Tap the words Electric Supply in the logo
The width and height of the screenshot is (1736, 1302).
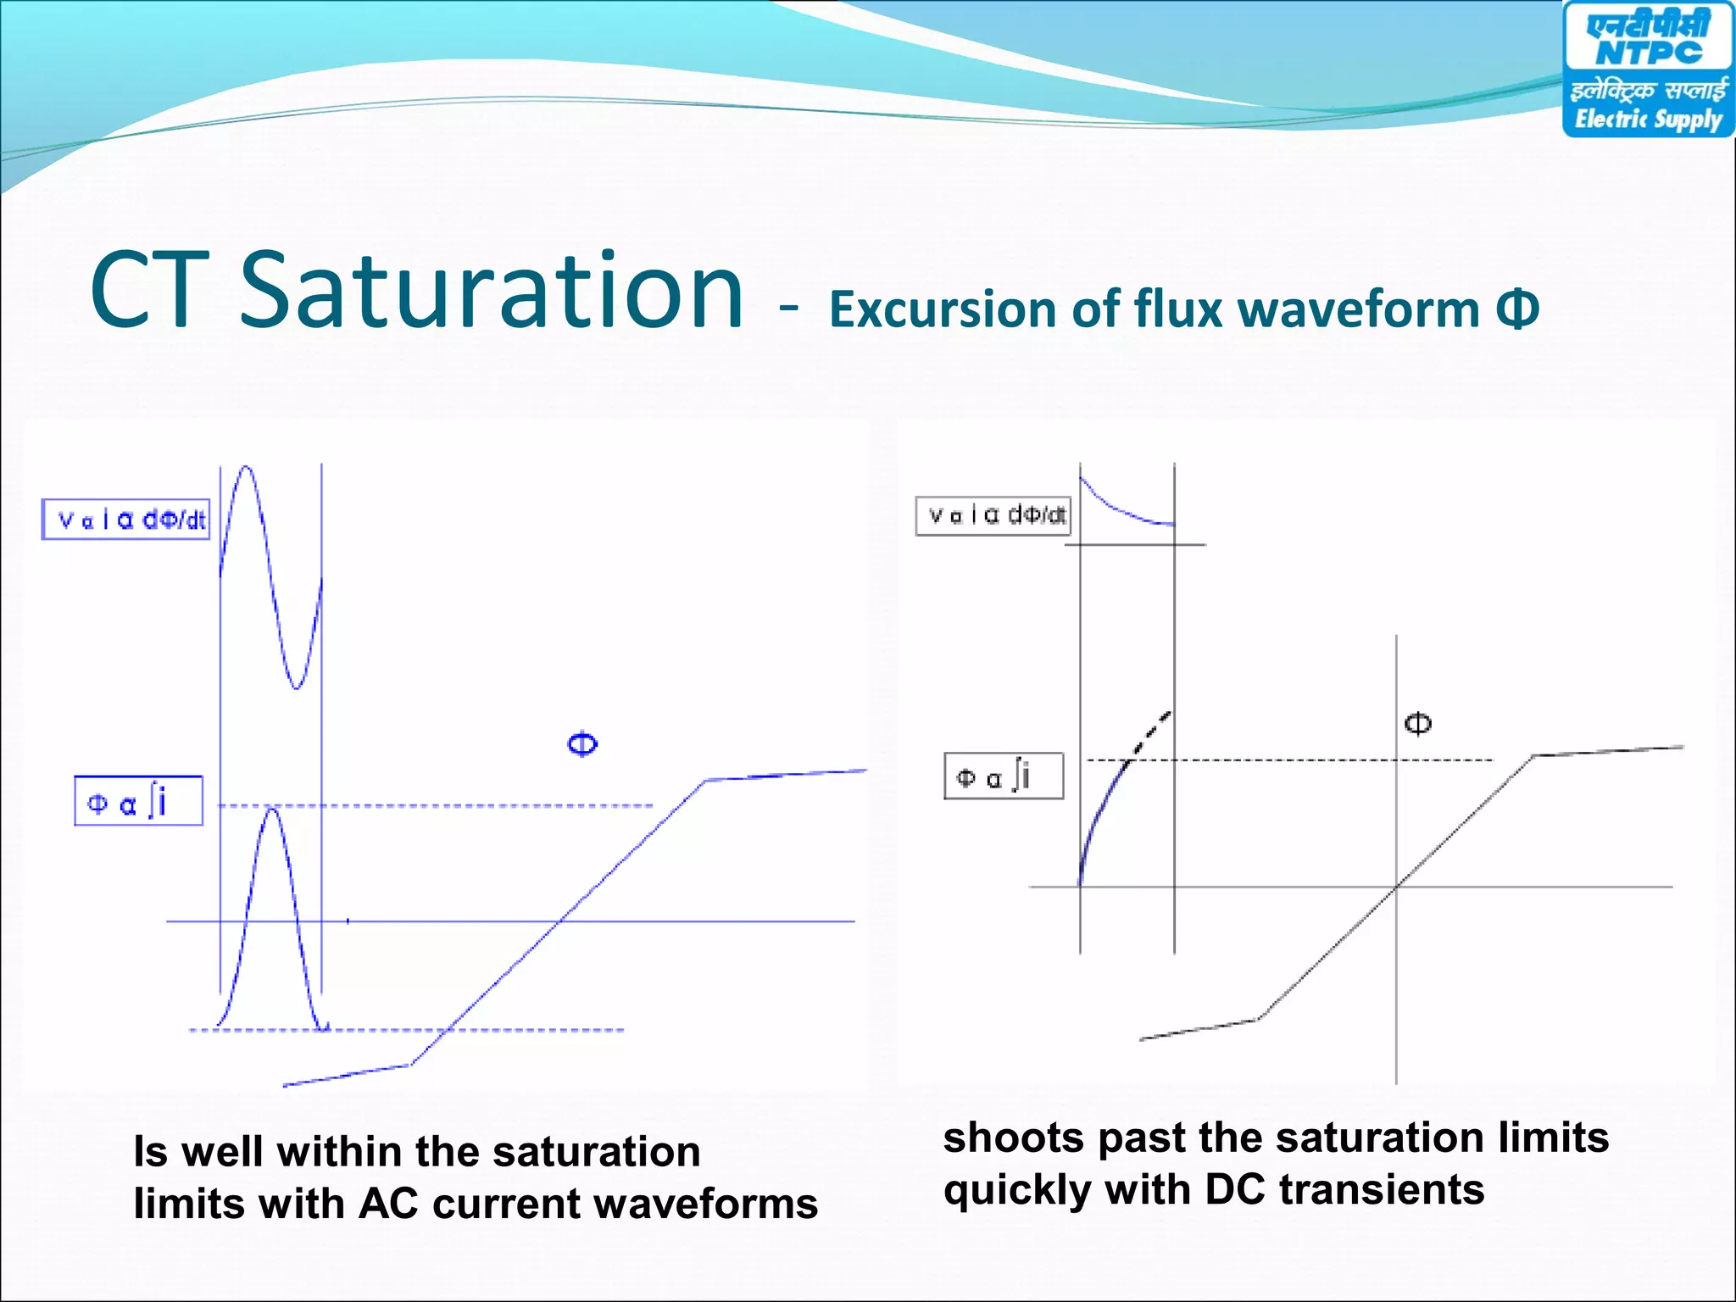(x=1648, y=119)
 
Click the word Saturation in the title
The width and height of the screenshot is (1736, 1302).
(x=492, y=290)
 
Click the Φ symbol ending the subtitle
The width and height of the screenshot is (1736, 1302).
(x=1516, y=309)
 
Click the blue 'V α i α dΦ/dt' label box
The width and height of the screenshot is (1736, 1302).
(x=126, y=519)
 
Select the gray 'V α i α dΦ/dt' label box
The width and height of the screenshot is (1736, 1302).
(x=993, y=515)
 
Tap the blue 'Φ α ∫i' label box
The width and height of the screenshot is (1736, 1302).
(x=138, y=800)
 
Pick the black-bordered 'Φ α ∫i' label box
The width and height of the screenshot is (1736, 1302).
(x=1004, y=776)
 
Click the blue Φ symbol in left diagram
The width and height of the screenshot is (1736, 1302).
(x=582, y=744)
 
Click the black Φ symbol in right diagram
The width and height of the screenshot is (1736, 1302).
(x=1418, y=723)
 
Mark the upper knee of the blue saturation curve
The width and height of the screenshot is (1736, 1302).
(x=705, y=780)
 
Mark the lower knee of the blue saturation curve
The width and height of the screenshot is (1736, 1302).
(x=411, y=1065)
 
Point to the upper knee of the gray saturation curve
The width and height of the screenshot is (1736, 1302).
(x=1533, y=755)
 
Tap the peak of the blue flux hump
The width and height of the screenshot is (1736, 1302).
(x=272, y=810)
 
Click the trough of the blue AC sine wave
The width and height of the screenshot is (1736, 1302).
(x=296, y=687)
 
